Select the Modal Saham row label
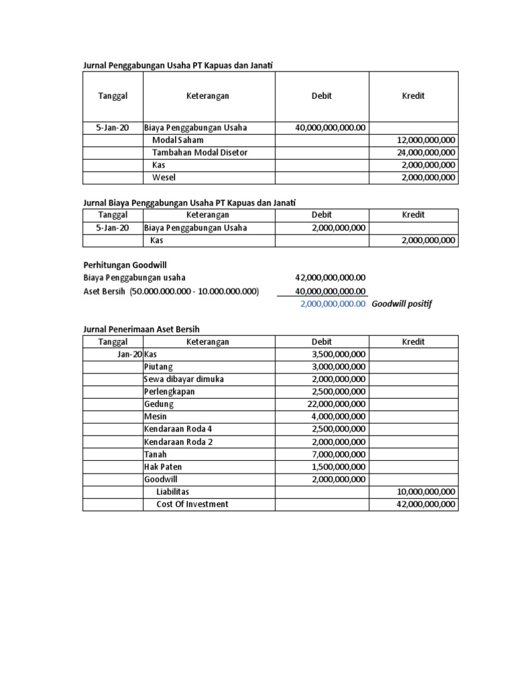[178, 140]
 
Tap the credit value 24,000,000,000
[425, 152]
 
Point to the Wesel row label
[164, 178]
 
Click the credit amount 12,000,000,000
[425, 140]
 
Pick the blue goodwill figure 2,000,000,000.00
[333, 303]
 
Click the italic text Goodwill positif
[401, 303]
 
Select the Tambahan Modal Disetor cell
[199, 152]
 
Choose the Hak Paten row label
[162, 467]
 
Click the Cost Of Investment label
[192, 504]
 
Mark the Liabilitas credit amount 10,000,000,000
[425, 492]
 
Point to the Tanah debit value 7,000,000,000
[339, 454]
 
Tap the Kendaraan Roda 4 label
[177, 429]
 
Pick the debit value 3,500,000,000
[339, 354]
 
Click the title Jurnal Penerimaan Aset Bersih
[141, 329]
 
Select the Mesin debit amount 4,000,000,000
[339, 417]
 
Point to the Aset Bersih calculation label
[170, 291]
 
